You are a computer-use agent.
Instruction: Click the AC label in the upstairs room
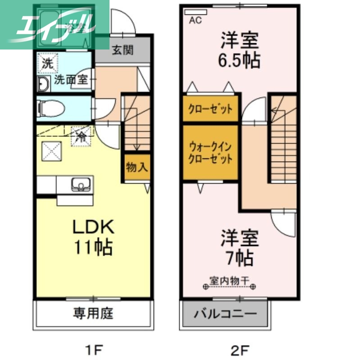tap(195, 20)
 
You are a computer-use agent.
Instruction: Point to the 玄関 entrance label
tap(122, 50)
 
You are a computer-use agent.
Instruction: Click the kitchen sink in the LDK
tap(81, 184)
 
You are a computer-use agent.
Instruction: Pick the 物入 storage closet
tap(137, 167)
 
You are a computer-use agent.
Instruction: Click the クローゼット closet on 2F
tap(210, 109)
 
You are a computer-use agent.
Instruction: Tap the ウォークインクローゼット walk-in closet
tap(210, 153)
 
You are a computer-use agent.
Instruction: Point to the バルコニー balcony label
tap(225, 314)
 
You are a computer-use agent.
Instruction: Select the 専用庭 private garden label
tap(93, 313)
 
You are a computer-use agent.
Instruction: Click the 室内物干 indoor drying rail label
tap(229, 280)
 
